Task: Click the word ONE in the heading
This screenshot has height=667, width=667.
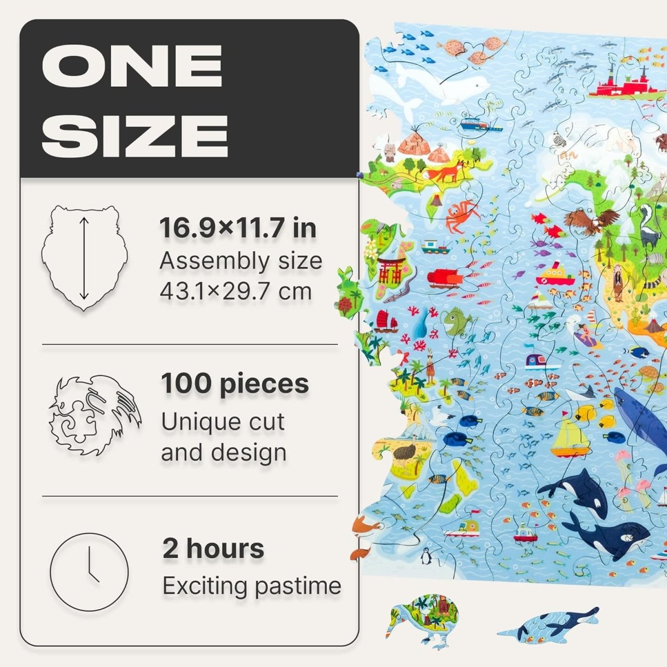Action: (x=132, y=66)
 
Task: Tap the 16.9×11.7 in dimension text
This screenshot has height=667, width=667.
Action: (x=238, y=228)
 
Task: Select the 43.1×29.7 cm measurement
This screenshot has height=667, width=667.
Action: (x=236, y=291)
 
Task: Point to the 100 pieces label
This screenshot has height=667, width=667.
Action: (x=235, y=384)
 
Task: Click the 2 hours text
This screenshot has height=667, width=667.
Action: (x=213, y=549)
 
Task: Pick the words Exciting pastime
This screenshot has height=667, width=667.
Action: (x=252, y=586)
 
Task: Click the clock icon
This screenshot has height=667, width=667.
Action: (x=89, y=572)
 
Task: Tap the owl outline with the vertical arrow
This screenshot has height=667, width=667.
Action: (x=84, y=258)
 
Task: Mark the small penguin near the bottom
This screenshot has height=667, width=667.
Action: (x=426, y=554)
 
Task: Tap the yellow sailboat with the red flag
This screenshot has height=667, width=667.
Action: (x=570, y=437)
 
